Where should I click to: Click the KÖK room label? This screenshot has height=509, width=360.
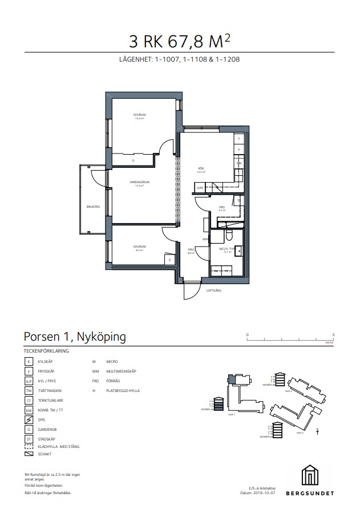pos(201,168)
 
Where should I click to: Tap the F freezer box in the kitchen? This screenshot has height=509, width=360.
pos(238,139)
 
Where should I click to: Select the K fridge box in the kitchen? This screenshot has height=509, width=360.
pos(238,150)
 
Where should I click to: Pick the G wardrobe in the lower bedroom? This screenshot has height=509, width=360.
pos(169,260)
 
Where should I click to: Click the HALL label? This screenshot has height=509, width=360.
pos(192,249)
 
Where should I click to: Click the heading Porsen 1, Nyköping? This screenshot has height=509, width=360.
pos(75,337)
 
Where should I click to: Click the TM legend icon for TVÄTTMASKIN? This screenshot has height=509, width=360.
pos(29,391)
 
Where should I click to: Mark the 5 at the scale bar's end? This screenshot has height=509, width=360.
pos(333,335)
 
